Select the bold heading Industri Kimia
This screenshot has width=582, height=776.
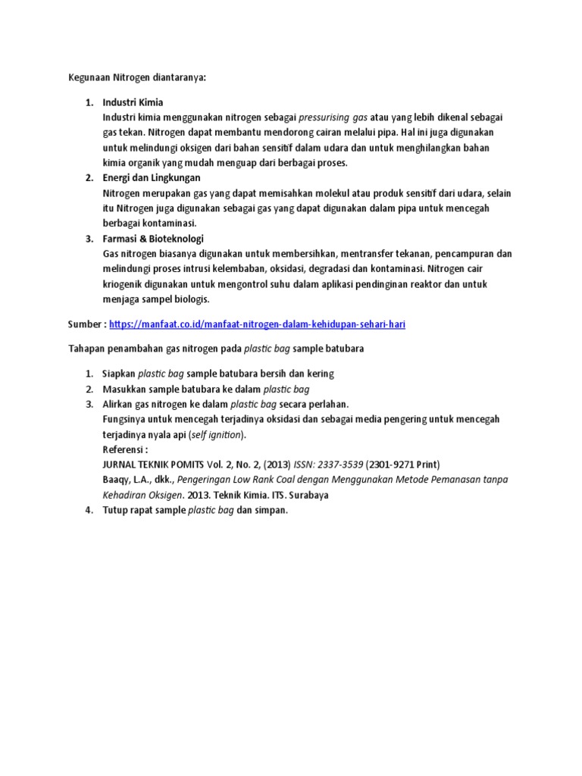tap(133, 102)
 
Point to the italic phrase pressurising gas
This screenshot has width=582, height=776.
tap(333, 118)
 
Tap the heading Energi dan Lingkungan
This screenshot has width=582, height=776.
tap(152, 178)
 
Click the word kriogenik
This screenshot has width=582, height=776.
tap(125, 284)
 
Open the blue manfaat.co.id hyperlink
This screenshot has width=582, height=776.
tap(262, 324)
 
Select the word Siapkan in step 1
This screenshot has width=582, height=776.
tap(119, 374)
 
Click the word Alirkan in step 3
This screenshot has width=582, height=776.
tap(120, 404)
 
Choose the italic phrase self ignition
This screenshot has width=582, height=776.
tap(217, 435)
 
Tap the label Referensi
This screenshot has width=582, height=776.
tap(125, 449)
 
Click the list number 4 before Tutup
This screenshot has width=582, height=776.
tap(89, 510)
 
